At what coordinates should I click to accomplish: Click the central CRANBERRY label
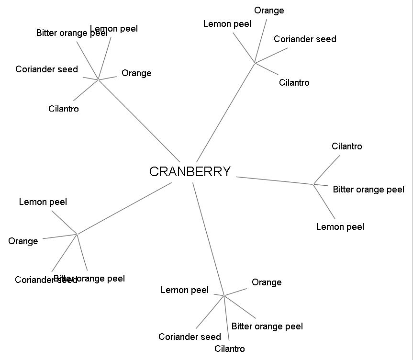click(190, 172)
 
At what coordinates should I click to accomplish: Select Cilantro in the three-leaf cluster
click(346, 146)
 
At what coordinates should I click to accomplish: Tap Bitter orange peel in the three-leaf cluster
click(368, 190)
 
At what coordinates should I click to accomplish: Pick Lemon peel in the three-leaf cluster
click(340, 227)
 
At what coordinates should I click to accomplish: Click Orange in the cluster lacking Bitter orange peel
click(269, 11)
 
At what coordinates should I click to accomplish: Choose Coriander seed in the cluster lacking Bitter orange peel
click(305, 39)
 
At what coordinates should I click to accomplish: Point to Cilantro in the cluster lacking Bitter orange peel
click(294, 83)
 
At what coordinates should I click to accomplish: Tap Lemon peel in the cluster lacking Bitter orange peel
click(227, 24)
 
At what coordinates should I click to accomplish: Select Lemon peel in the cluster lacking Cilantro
click(43, 202)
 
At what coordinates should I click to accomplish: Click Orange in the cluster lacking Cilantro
click(23, 241)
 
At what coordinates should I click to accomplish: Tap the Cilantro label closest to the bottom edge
click(230, 349)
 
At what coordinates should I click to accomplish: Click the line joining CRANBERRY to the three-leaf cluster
click(275, 180)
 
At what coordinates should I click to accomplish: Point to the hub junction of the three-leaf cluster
click(314, 184)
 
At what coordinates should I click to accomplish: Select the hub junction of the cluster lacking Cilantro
click(77, 234)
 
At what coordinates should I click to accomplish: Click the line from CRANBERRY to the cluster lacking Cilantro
click(124, 208)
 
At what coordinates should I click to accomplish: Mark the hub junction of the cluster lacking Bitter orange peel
click(255, 63)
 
